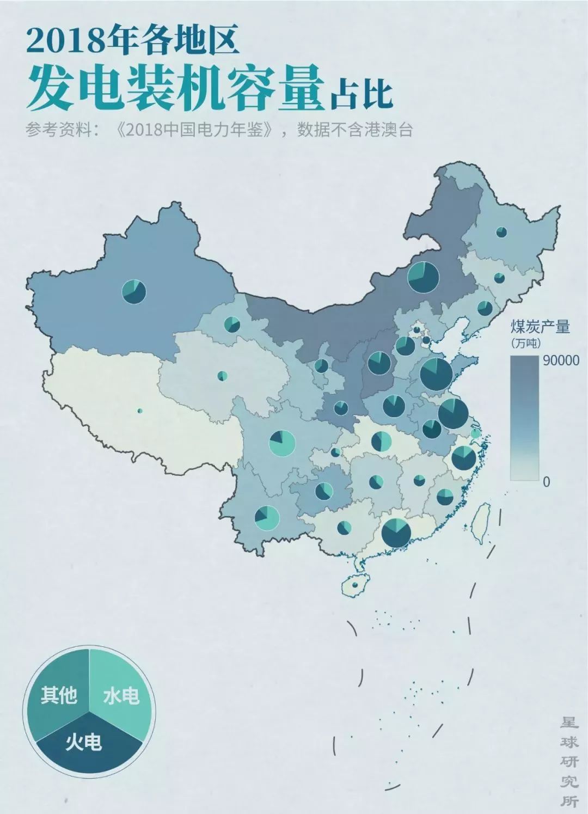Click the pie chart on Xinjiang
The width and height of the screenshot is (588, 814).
(x=133, y=291)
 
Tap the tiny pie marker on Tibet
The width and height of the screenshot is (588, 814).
(x=140, y=411)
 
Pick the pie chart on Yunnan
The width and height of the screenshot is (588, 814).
(x=267, y=518)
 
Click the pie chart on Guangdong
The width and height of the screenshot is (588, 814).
(x=396, y=532)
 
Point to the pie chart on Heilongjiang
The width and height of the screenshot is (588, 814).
(x=501, y=232)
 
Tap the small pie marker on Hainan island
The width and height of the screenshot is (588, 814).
(x=355, y=585)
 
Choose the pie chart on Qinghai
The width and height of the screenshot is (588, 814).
(x=222, y=376)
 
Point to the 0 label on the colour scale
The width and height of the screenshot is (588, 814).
(x=547, y=481)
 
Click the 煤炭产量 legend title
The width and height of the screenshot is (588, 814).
(x=540, y=327)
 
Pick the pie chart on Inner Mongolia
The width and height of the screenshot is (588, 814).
(x=423, y=276)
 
